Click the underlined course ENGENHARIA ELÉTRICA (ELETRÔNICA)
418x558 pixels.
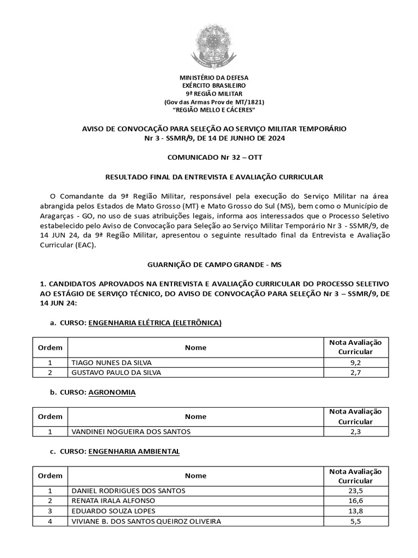(x=155, y=323)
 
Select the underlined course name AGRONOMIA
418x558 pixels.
(x=112, y=392)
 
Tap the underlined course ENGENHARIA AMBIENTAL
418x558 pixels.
(x=134, y=452)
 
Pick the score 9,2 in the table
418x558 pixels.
(x=355, y=362)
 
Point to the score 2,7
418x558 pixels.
(x=355, y=373)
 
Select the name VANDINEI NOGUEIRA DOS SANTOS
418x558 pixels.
(x=131, y=432)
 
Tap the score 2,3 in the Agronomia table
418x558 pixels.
(x=355, y=432)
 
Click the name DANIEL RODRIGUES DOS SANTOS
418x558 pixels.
(x=128, y=490)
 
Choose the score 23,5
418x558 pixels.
(x=355, y=490)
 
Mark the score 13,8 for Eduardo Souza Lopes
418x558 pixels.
(x=355, y=511)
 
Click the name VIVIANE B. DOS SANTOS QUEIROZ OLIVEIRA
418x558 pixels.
(x=146, y=521)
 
